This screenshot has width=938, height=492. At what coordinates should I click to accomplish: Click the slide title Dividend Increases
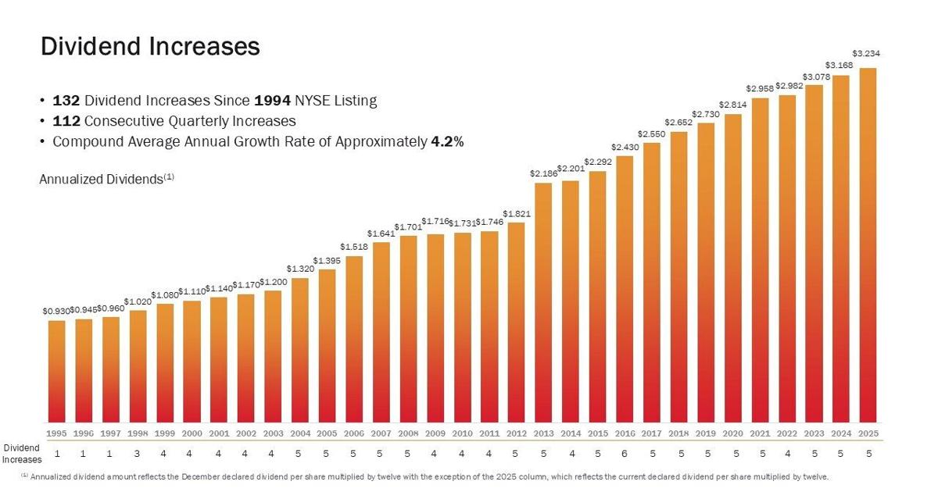150,46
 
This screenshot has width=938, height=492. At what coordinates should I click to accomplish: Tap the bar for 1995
56,371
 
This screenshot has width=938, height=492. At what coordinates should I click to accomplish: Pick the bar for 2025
868,245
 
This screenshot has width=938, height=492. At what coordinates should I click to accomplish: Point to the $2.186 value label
543,173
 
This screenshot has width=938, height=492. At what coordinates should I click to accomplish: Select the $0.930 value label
55,311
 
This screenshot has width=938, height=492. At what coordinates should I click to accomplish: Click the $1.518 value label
353,247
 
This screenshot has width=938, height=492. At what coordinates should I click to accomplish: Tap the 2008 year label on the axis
408,433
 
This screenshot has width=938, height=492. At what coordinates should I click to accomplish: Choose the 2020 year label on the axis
732,433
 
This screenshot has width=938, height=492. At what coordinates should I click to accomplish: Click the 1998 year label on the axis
138,433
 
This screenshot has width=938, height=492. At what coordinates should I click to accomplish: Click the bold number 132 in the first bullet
66,101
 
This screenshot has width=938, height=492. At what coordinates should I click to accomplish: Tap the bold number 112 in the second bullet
66,121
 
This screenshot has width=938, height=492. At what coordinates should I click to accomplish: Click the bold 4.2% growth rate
448,142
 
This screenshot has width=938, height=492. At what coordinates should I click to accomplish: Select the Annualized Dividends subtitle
106,179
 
